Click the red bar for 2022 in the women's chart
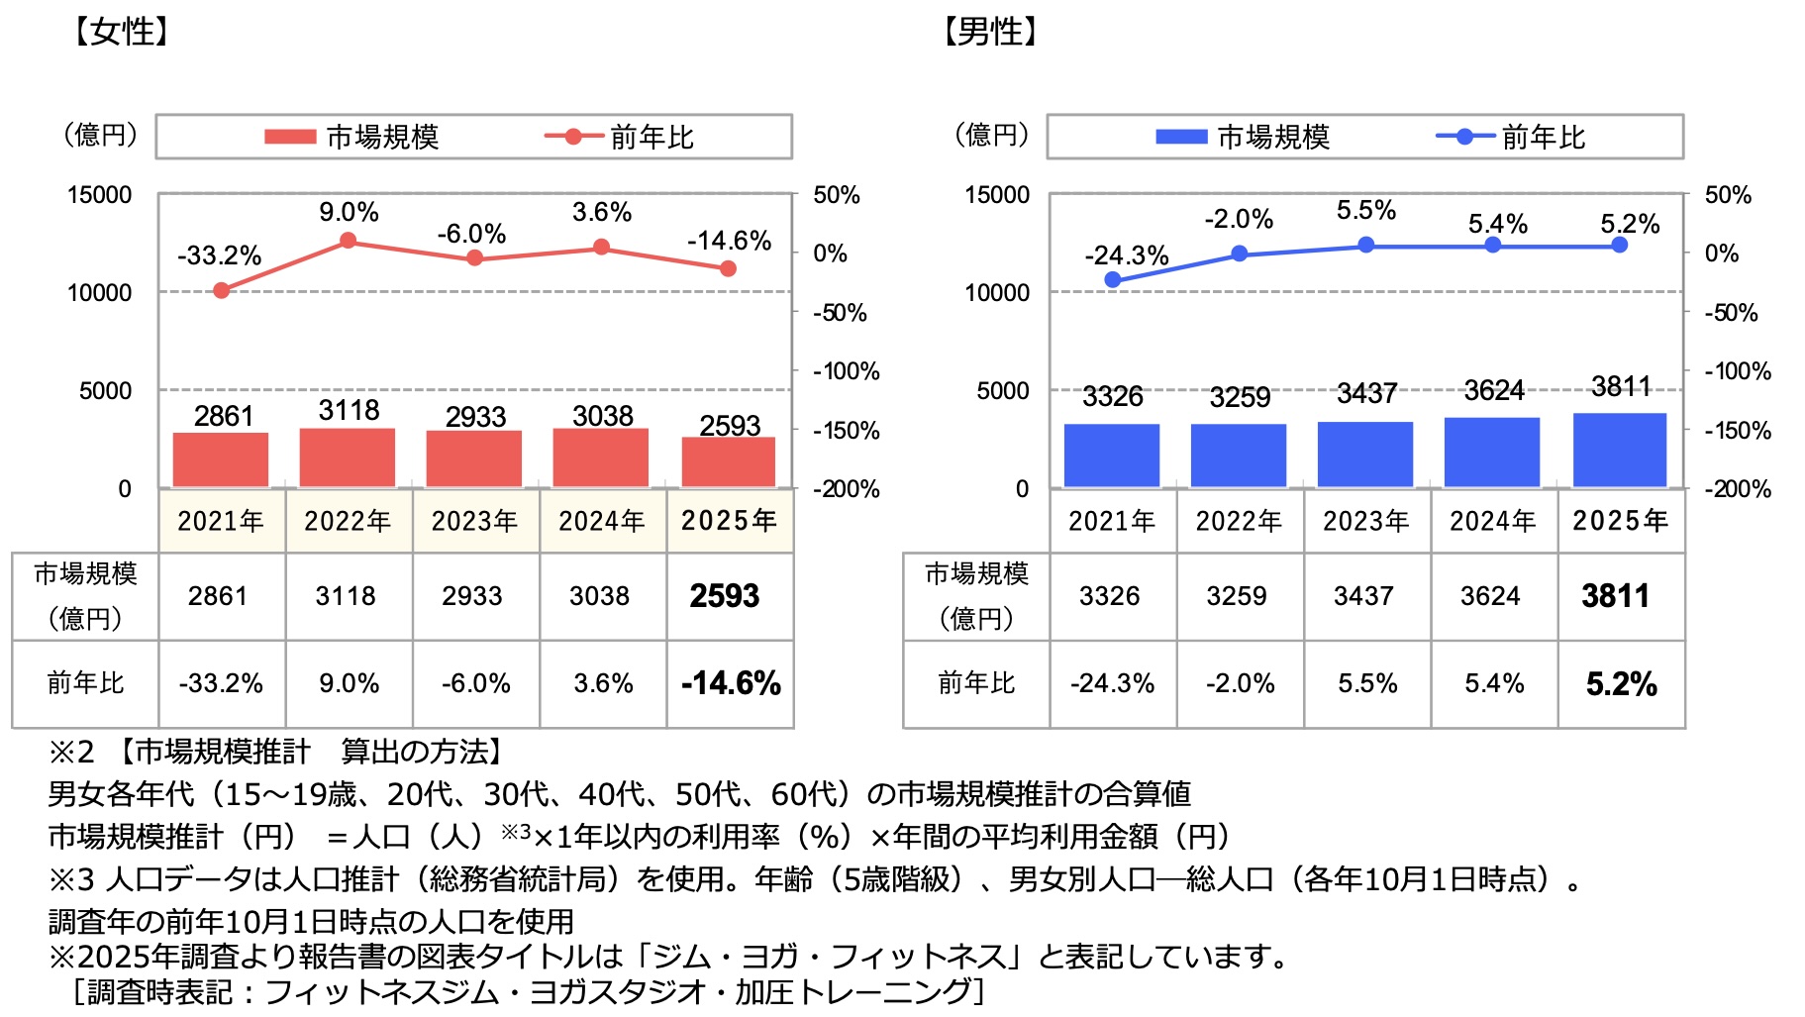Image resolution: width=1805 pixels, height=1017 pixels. pos(347,458)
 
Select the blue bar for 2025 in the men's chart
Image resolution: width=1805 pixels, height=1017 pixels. pos(1619,451)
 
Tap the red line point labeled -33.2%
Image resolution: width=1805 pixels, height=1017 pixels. pos(222,290)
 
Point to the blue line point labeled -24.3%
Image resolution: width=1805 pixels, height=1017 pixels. pos(1113,280)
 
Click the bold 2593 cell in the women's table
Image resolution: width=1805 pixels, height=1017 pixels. pos(725,596)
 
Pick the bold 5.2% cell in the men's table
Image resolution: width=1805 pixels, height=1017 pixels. pos(1621,684)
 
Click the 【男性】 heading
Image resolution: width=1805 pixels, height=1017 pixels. pos(989,32)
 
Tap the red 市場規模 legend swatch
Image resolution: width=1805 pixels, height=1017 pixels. pos(289,137)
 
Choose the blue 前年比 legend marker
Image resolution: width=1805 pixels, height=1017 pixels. pos(1464,137)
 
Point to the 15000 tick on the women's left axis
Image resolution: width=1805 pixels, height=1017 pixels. pos(99,195)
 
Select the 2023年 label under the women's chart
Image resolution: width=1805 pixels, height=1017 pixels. pos(474,521)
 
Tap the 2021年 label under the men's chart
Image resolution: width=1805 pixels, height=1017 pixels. pos(1112,521)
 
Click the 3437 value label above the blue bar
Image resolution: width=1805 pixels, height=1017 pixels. pos(1366,394)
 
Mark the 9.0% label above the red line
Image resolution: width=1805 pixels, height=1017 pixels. pos(349,212)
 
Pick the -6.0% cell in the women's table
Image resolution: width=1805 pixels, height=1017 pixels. pos(475,684)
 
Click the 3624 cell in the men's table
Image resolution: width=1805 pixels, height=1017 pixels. pos(1490,596)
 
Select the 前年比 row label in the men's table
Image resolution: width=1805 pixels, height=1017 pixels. pos(976,684)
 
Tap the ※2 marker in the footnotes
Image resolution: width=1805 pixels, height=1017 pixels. pos(70,753)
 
